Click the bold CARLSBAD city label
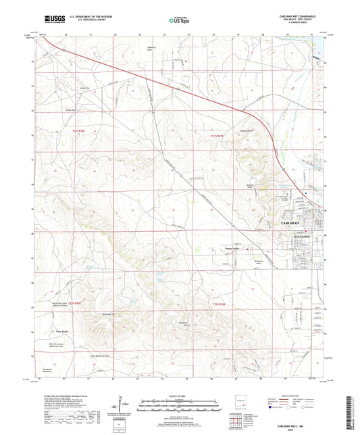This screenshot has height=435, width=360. tap(288, 222)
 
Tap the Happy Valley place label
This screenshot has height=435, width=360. tap(234, 248)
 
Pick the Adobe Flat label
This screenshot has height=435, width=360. tap(67, 88)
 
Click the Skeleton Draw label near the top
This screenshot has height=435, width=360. tap(151, 49)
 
